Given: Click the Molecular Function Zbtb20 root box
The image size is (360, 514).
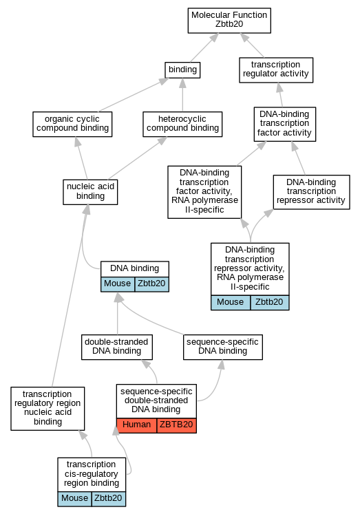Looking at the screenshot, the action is pyautogui.click(x=229, y=21).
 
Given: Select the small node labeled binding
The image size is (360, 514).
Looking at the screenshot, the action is pyautogui.click(x=182, y=69).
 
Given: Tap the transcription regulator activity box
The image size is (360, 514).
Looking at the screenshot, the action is pyautogui.click(x=276, y=69).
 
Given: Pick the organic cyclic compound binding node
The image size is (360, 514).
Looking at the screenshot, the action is pyautogui.click(x=72, y=124).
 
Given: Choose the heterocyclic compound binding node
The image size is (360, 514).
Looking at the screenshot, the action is pyautogui.click(x=182, y=124).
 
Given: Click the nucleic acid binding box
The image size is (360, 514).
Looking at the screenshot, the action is pyautogui.click(x=90, y=192).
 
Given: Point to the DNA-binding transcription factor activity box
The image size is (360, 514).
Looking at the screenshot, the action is pyautogui.click(x=285, y=124).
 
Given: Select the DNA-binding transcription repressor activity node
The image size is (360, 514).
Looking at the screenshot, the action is pyautogui.click(x=312, y=192).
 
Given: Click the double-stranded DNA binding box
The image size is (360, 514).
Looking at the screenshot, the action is pyautogui.click(x=117, y=347).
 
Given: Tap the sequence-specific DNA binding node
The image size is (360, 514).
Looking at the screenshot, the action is pyautogui.click(x=223, y=347).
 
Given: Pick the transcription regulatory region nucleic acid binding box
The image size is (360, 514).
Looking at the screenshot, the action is pyautogui.click(x=47, y=409).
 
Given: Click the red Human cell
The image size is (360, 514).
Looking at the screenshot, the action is pyautogui.click(x=137, y=425).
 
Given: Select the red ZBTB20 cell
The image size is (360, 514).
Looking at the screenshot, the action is pyautogui.click(x=176, y=425).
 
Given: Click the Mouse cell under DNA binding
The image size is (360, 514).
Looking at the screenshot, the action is pyautogui.click(x=118, y=284).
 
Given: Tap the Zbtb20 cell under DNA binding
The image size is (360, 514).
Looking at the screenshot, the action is pyautogui.click(x=152, y=284).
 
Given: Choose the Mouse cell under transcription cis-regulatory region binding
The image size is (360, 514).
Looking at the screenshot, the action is pyautogui.click(x=75, y=499).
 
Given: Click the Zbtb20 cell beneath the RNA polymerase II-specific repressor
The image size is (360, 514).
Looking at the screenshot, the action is pyautogui.click(x=270, y=302).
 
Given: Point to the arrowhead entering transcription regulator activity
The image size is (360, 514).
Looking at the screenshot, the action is pyautogui.click(x=279, y=87).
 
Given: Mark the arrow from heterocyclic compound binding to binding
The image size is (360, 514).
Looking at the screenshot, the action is pyautogui.click(x=182, y=95).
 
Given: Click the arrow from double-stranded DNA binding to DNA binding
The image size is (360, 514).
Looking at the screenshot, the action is pyautogui.click(x=118, y=313).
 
